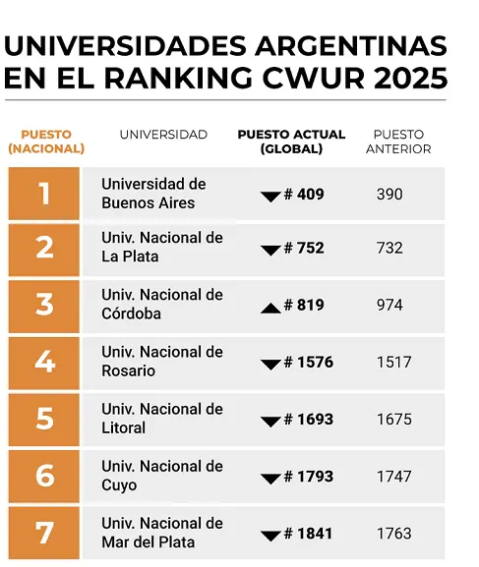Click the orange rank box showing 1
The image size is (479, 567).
click(x=44, y=194)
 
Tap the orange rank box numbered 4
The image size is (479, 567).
click(x=44, y=363)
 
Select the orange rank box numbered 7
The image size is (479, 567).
click(x=44, y=533)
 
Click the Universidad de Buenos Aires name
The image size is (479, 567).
click(x=153, y=194)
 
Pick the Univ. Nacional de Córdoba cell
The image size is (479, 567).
click(x=162, y=305)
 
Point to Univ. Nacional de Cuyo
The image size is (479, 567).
click(x=162, y=476)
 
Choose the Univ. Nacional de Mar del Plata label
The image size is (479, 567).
click(x=162, y=533)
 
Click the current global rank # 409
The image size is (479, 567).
click(x=304, y=195)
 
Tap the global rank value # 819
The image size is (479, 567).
click(x=304, y=306)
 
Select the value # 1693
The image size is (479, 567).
click(x=309, y=420)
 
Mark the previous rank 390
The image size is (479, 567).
click(x=389, y=195)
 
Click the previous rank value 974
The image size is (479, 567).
click(x=389, y=306)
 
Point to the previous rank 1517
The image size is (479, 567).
click(x=393, y=363)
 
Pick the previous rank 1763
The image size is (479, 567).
click(x=393, y=534)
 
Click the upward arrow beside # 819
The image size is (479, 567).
click(x=270, y=308)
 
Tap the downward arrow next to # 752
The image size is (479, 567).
click(x=270, y=251)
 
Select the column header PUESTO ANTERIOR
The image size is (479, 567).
click(x=398, y=142)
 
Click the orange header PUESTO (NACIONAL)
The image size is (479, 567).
click(x=45, y=142)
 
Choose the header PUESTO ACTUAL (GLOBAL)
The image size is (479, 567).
click(x=292, y=142)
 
